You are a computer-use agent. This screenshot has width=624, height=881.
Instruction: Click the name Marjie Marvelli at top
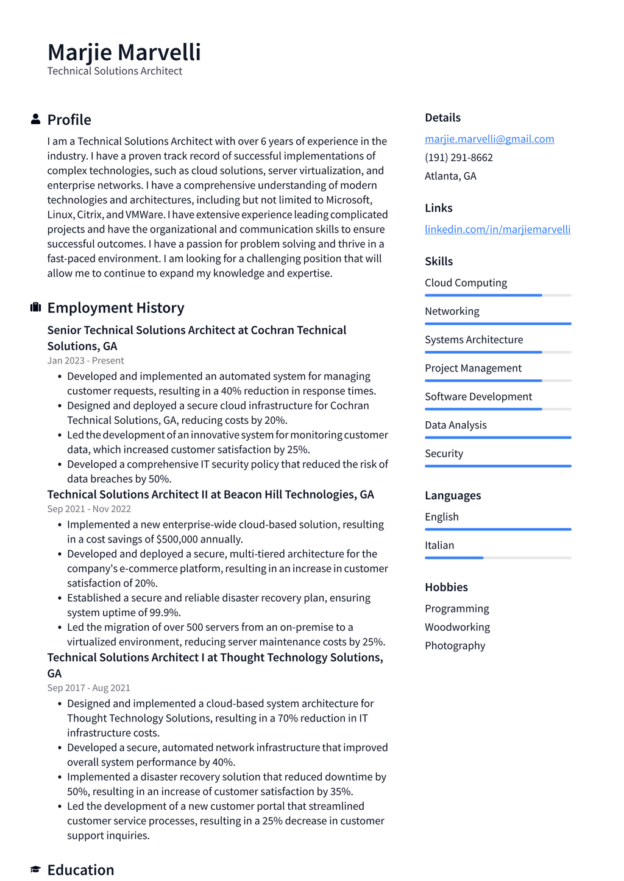coord(124,52)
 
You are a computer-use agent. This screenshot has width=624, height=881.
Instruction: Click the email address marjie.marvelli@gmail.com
coord(489,139)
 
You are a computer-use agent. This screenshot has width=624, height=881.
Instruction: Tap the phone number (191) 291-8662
coord(459,158)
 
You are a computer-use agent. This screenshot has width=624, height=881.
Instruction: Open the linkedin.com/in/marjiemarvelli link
coord(497,230)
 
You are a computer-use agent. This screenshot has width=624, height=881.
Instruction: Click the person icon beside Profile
coord(35,119)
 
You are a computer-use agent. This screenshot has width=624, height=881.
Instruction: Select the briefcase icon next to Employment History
coord(35,307)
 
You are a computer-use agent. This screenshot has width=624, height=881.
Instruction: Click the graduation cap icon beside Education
coord(35,869)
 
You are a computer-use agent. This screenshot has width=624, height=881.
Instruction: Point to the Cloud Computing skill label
coord(466,283)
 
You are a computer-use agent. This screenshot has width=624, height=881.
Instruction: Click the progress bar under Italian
coord(498,558)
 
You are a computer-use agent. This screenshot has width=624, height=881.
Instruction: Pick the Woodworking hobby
coord(457,627)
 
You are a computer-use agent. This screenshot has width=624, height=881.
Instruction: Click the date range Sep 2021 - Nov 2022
coord(89,509)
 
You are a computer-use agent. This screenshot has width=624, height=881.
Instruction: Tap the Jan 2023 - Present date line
coord(85,360)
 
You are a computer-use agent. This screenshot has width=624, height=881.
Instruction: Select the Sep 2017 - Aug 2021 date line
coord(89,688)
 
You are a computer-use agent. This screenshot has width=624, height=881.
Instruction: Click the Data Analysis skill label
coord(455,426)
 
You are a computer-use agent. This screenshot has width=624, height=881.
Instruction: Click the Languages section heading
coord(453,496)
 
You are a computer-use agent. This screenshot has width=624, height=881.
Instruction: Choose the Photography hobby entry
coord(455,646)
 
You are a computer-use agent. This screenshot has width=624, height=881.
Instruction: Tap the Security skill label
coord(444,454)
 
